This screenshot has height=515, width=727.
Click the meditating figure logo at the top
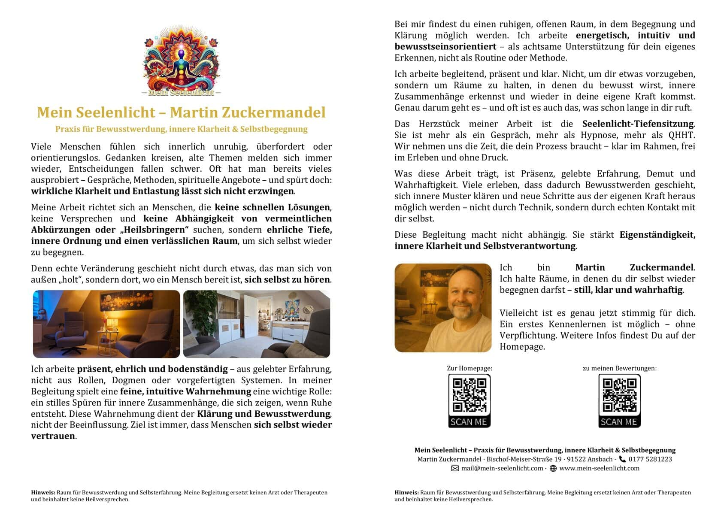[x=181, y=60]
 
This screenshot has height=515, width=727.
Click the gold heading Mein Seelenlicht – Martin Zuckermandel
[x=181, y=112]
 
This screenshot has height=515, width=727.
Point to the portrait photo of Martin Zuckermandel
[x=443, y=308]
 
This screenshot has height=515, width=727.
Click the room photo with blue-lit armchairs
[x=106, y=324]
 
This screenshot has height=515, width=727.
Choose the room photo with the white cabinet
[x=257, y=324]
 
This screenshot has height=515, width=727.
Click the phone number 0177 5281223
[x=650, y=459]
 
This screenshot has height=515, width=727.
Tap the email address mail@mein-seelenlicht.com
[x=502, y=468]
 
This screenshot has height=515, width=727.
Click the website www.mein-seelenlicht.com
[x=599, y=468]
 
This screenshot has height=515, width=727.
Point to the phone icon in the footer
[x=622, y=459]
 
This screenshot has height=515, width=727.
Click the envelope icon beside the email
[x=455, y=468]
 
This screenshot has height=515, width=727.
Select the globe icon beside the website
[x=553, y=468]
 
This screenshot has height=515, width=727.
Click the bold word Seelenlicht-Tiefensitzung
[x=638, y=124]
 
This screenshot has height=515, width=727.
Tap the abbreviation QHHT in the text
[x=681, y=135]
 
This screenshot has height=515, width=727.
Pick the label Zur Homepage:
[x=469, y=368]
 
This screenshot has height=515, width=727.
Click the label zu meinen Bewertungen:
[x=619, y=368]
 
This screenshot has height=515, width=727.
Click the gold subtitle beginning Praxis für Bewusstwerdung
[x=181, y=129]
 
